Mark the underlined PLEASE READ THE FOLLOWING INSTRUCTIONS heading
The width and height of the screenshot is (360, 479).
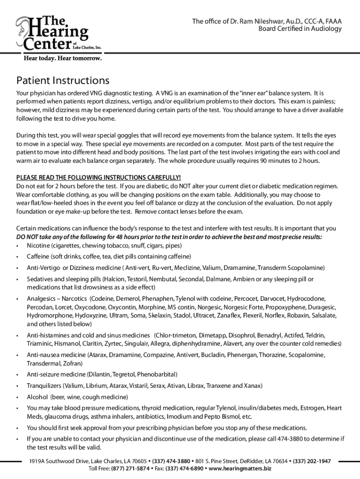pyautogui.click(x=98, y=178)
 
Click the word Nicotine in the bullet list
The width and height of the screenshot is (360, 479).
pyautogui.click(x=38, y=246)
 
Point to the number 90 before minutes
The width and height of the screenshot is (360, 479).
pyautogui.click(x=264, y=161)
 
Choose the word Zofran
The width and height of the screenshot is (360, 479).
pyautogui.click(x=73, y=363)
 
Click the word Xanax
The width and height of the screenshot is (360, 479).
pyautogui.click(x=253, y=386)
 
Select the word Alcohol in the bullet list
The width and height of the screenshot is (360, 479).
pyautogui.click(x=37, y=397)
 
